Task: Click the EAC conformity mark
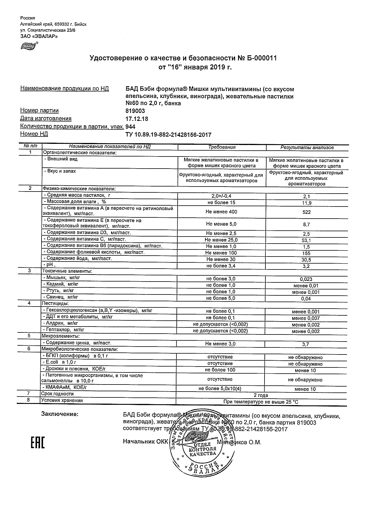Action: coord(38,443)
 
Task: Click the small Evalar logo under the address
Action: coord(28,46)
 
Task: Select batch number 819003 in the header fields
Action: coord(135,111)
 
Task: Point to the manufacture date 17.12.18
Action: coord(137,119)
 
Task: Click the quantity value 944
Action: coord(130,127)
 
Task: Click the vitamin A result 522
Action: coord(306,212)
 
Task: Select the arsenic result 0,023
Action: coord(306,279)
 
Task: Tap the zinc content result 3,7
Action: coord(305,344)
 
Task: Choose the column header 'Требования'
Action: coord(222,147)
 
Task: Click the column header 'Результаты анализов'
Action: coord(307,147)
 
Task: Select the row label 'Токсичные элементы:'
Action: coord(67,271)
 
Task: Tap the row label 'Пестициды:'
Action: coord(55,303)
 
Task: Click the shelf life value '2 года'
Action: coord(261,395)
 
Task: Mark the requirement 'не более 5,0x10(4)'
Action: coord(220,389)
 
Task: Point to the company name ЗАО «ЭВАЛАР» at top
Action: coord(39,36)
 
